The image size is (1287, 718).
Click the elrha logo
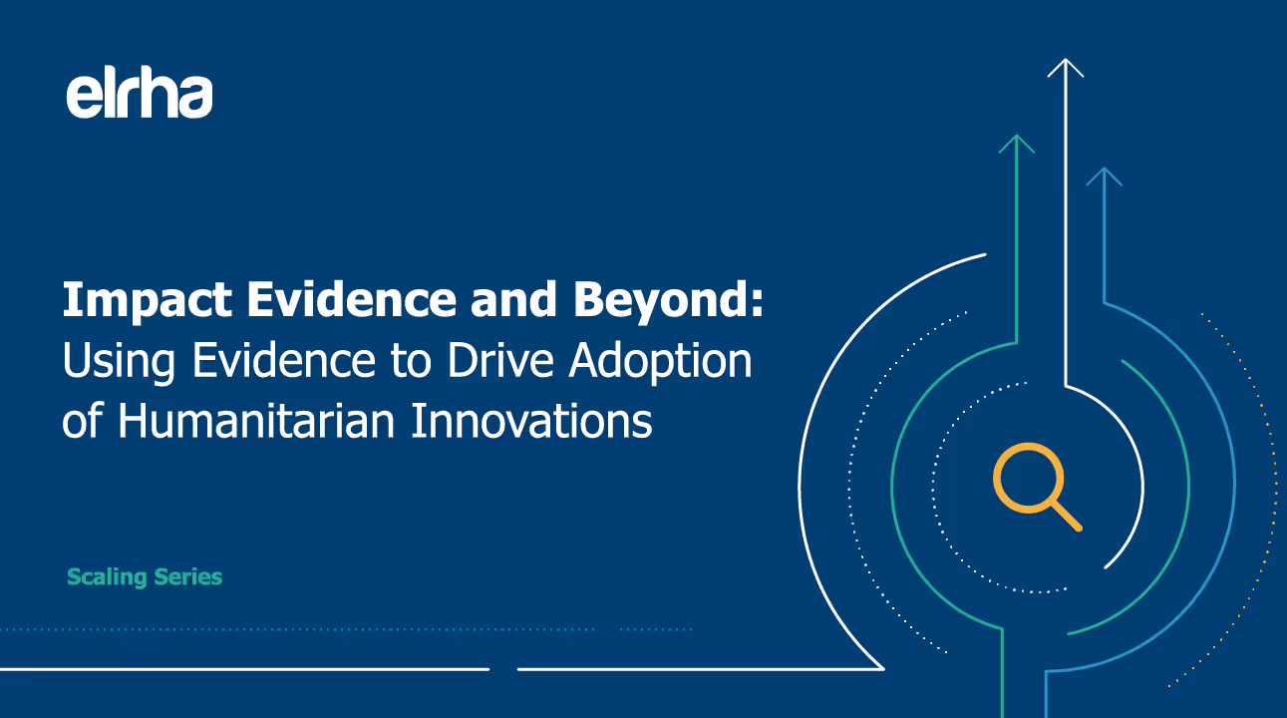(x=140, y=93)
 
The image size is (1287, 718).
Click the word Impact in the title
(x=148, y=300)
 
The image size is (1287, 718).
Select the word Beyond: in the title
(x=669, y=300)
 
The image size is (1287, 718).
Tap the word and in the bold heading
(x=513, y=299)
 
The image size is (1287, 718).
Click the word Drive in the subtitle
(x=499, y=360)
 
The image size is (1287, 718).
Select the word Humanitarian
(x=255, y=421)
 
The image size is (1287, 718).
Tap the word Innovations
(x=532, y=421)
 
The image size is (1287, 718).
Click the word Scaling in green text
(x=108, y=577)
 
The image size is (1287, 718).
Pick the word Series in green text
(x=187, y=576)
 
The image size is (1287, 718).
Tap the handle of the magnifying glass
(x=1067, y=517)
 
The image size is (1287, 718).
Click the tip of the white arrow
(x=1066, y=59)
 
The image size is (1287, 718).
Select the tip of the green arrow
(x=1017, y=135)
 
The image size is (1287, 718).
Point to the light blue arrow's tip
(x=1105, y=168)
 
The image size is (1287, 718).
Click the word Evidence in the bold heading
(x=352, y=299)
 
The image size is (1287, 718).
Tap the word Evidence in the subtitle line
(x=284, y=360)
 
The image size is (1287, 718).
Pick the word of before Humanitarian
(x=83, y=420)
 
